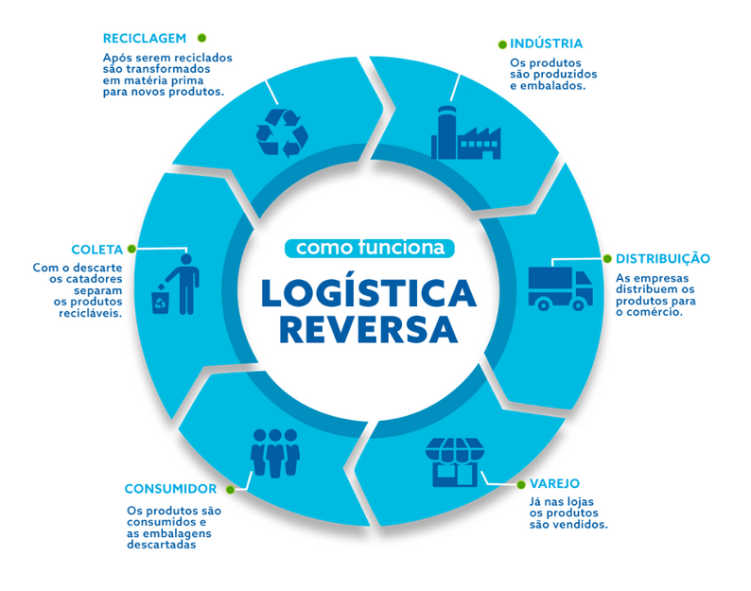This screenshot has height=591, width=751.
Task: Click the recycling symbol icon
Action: coord(282,132)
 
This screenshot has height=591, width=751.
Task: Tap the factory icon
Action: coord(464,133)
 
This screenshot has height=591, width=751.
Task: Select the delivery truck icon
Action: coord(560,287)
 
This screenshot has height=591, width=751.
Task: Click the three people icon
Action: coord(275,452)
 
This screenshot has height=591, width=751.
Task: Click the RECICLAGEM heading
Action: coord(144,39)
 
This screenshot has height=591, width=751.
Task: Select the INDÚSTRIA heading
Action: coord(546,43)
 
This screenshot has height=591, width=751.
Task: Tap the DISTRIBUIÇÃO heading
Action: coord(663,258)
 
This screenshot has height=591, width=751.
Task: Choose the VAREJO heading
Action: coord(554,483)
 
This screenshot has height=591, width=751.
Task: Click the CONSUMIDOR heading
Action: coord(170,489)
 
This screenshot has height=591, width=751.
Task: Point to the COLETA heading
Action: coord(96,250)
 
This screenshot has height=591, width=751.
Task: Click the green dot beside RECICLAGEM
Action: coord(201,38)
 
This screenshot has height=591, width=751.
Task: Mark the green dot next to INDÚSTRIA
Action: coord(501,43)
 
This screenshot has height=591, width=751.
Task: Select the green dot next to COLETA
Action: coord(131,249)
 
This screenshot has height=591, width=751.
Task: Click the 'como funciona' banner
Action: coord(370,248)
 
